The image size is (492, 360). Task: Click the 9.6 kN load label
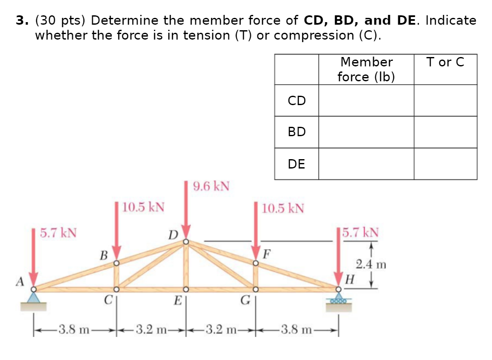coord(211,186)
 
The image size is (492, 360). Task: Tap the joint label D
coord(172,235)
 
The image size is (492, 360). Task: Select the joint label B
coord(103,255)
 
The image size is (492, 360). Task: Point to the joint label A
coord(19,281)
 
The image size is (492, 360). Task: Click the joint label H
coord(350,280)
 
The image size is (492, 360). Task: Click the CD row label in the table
coord(296,100)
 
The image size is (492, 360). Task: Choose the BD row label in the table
coord(296,132)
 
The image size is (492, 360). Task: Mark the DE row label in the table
coord(296,164)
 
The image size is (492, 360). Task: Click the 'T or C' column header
coord(445,62)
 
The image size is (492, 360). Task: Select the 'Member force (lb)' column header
coord(366,69)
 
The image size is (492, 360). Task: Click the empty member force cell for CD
coord(366,100)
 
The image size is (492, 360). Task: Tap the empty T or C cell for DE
coord(445,164)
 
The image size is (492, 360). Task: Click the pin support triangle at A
coord(34,297)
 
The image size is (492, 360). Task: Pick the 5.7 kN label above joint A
coord(58,233)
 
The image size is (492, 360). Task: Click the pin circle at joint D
coord(186,242)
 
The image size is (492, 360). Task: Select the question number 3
coord(20,20)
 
